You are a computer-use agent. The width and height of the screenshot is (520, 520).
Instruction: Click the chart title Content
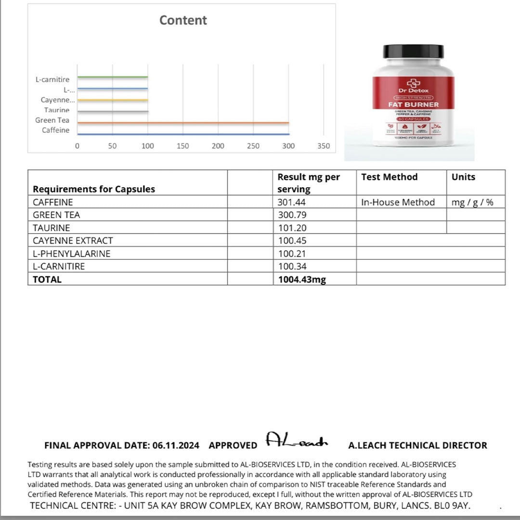(183, 20)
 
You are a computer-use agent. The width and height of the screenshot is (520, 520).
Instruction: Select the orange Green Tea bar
(183, 123)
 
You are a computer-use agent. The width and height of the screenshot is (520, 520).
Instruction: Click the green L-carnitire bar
(112, 77)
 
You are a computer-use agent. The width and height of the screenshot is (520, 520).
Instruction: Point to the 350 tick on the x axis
(324, 146)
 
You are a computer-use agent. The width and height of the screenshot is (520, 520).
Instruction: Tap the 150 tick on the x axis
(183, 146)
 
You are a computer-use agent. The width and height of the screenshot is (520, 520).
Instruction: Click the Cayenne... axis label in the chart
(58, 100)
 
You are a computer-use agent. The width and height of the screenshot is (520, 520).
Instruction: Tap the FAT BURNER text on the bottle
(413, 104)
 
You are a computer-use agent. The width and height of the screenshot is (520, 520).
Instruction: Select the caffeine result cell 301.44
(292, 202)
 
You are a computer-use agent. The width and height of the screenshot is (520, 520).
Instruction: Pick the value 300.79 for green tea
(292, 215)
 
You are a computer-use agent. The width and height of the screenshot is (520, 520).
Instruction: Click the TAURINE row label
(52, 228)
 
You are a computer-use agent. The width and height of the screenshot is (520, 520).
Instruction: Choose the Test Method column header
(390, 177)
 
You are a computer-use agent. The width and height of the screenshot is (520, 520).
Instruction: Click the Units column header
(463, 177)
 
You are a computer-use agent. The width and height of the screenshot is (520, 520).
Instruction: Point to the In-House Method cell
(398, 202)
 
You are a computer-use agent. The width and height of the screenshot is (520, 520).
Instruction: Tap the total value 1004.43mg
(302, 279)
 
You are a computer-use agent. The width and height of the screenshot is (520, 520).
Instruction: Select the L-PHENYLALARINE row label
(72, 254)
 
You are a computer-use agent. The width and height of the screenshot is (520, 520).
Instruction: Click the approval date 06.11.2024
(176, 446)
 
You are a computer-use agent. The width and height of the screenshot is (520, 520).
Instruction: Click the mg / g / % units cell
(472, 202)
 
